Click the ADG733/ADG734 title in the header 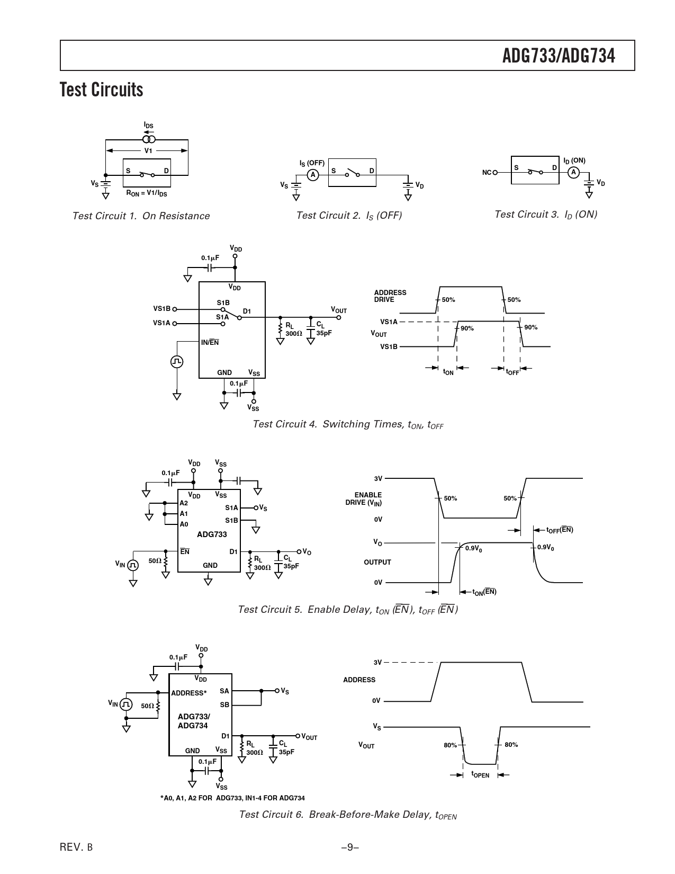click(x=559, y=56)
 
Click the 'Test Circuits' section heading click(x=101, y=90)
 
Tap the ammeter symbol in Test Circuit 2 click(x=313, y=175)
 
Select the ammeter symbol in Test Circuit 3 click(x=573, y=173)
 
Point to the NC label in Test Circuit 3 click(x=487, y=173)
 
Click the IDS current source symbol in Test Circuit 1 click(x=149, y=139)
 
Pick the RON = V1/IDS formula click(x=146, y=193)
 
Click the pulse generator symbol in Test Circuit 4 click(x=177, y=362)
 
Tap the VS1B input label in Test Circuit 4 click(x=161, y=308)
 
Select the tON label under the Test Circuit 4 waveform click(x=448, y=372)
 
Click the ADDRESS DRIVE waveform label click(x=390, y=296)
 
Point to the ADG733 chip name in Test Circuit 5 click(x=212, y=534)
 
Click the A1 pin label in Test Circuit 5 click(x=184, y=514)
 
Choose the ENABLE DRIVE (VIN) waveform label click(x=363, y=499)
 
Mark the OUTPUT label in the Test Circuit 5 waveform click(x=377, y=562)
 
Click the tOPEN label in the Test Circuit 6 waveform click(x=480, y=774)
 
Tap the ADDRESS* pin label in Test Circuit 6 click(x=188, y=693)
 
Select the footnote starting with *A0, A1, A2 click(x=232, y=798)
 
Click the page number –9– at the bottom click(x=350, y=847)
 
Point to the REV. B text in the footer click(x=76, y=847)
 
